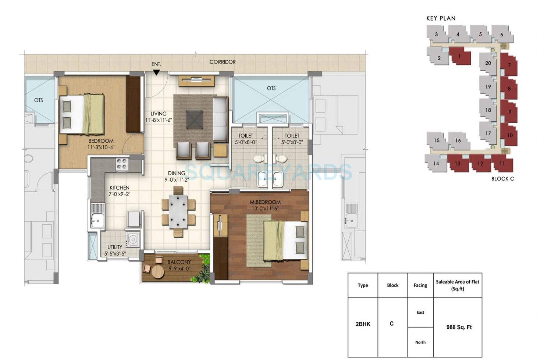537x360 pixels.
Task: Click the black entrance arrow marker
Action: pyautogui.click(x=156, y=72)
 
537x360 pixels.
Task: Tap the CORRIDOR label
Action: pyautogui.click(x=223, y=62)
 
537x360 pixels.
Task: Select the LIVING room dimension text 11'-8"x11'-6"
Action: pyautogui.click(x=159, y=120)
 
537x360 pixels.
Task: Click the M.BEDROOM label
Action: pyautogui.click(x=265, y=202)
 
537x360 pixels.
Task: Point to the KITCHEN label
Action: pyautogui.click(x=120, y=188)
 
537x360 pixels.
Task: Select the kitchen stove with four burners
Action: pyautogui.click(x=122, y=164)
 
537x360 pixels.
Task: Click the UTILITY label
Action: pyautogui.click(x=115, y=247)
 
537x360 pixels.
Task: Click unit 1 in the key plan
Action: pyautogui.click(x=460, y=56)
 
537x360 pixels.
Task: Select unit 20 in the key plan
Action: pyautogui.click(x=488, y=63)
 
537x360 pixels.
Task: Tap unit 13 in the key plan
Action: pyautogui.click(x=458, y=163)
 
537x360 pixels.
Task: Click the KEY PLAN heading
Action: pyautogui.click(x=441, y=18)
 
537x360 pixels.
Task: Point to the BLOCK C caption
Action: pyautogui.click(x=502, y=179)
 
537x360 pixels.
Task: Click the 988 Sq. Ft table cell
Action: pyautogui.click(x=459, y=327)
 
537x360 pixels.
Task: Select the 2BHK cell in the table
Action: pyautogui.click(x=363, y=324)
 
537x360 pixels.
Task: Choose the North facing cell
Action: pyautogui.click(x=420, y=342)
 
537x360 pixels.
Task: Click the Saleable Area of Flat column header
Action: pyautogui.click(x=458, y=285)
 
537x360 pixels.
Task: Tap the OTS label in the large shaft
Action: pyautogui.click(x=271, y=88)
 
